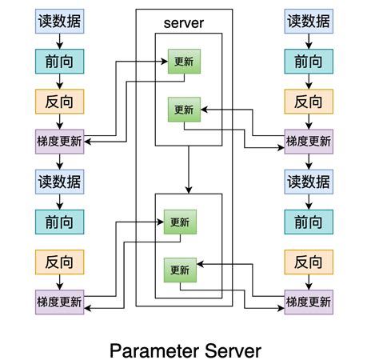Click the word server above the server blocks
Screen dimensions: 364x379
tap(184, 24)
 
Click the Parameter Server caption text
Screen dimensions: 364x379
tap(185, 350)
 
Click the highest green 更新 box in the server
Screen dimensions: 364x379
tap(184, 62)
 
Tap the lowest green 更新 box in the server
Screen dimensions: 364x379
tap(180, 270)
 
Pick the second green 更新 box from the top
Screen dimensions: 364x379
tap(184, 109)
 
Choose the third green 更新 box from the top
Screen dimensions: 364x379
tap(180, 222)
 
